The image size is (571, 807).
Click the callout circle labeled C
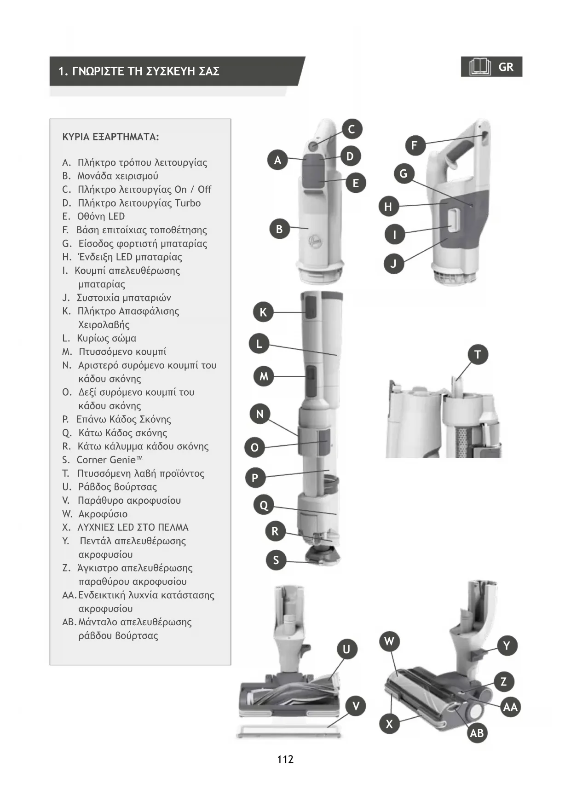(352, 129)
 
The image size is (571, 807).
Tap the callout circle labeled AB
(477, 733)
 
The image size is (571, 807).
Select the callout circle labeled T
(478, 355)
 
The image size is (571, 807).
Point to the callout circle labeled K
(263, 312)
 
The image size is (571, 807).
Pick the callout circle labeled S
(276, 560)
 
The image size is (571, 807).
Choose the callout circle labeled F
(415, 145)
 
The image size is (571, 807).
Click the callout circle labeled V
(356, 706)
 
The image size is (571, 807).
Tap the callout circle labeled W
(389, 641)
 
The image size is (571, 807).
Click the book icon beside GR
(480, 67)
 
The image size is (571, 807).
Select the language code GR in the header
(506, 67)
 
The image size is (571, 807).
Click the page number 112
(285, 759)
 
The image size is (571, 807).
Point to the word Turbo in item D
(188, 203)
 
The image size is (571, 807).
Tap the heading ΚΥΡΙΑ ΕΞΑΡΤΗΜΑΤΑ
(110, 137)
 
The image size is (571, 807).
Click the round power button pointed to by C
(312, 146)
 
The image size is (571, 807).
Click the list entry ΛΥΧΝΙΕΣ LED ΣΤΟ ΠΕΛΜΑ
(133, 527)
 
